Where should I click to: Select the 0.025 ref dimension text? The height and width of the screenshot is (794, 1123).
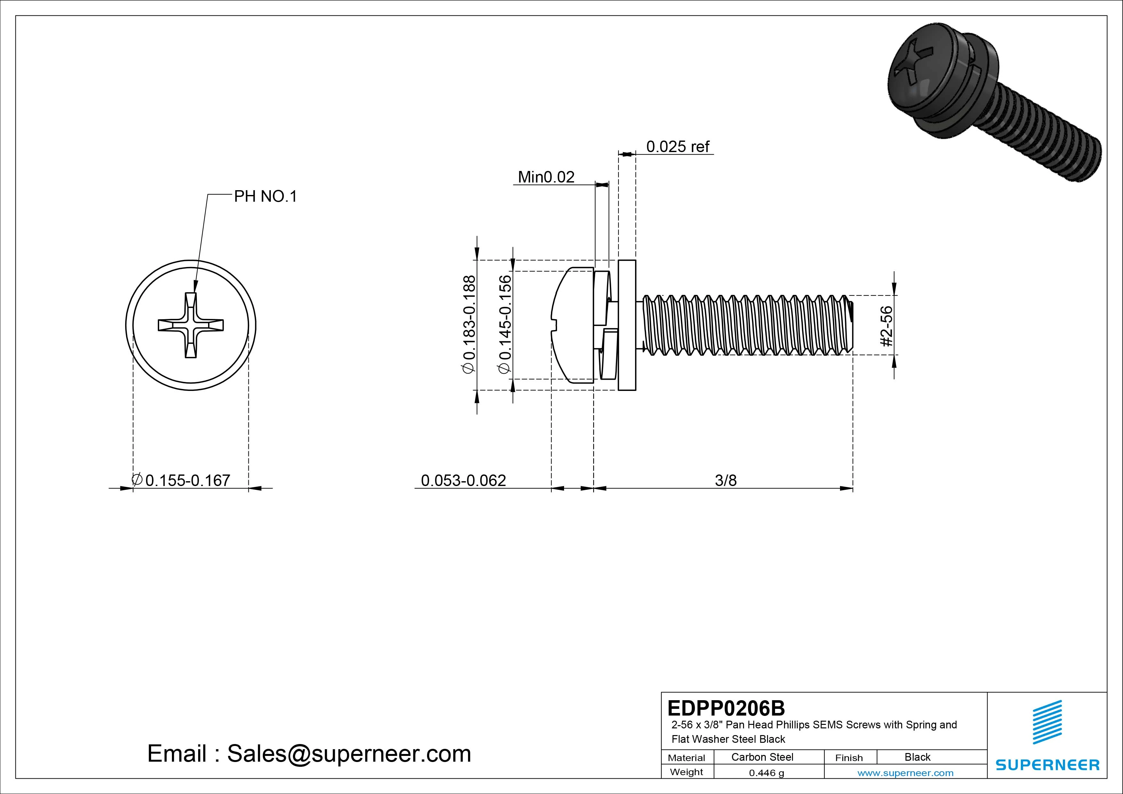(677, 146)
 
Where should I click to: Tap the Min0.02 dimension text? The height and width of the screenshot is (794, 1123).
(546, 177)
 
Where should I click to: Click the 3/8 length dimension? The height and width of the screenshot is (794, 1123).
(725, 481)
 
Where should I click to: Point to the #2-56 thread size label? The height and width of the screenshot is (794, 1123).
(886, 326)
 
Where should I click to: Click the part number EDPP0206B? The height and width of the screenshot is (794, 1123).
(726, 708)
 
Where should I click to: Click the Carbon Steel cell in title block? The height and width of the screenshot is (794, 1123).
(762, 757)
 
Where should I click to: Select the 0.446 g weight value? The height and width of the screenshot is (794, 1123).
(766, 773)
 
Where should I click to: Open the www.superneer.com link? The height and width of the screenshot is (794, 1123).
(905, 773)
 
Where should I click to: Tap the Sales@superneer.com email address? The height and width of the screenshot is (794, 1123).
(349, 753)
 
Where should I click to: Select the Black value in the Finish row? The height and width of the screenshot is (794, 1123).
(917, 757)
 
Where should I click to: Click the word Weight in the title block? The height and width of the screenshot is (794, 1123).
(686, 772)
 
